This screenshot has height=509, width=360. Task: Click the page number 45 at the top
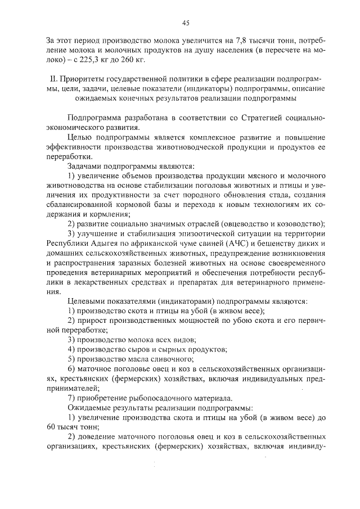point(186,23)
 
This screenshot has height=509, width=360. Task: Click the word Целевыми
point(88,301)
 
